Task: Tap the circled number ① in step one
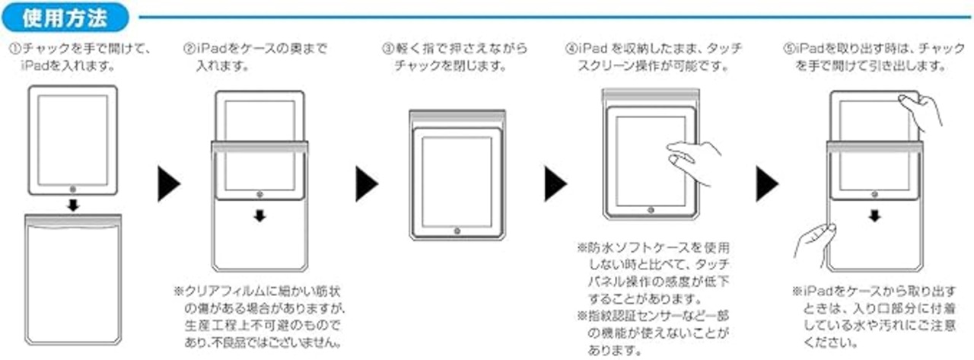(13, 49)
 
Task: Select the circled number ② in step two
(189, 49)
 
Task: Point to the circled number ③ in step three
(387, 49)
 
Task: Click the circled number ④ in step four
(571, 49)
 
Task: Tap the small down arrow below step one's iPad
(72, 205)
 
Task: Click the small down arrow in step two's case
(259, 216)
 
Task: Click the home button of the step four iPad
(651, 208)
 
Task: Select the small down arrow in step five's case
(874, 216)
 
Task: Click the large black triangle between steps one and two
(168, 184)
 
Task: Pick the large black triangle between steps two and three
(366, 184)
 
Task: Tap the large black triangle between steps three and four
(555, 184)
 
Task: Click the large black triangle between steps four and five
(766, 184)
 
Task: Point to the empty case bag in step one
(72, 282)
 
